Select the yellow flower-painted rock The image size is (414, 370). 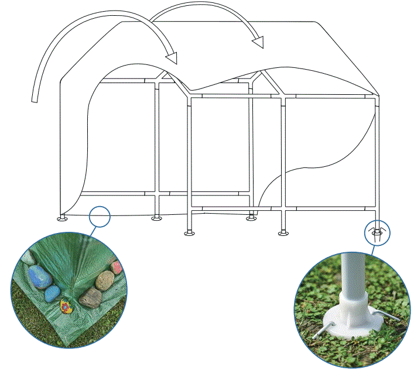66,306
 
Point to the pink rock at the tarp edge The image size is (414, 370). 117,267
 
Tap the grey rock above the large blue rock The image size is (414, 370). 28,258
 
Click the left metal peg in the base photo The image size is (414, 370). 323,331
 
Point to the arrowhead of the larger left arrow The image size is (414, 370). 172,57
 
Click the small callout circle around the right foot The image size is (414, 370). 377,232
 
